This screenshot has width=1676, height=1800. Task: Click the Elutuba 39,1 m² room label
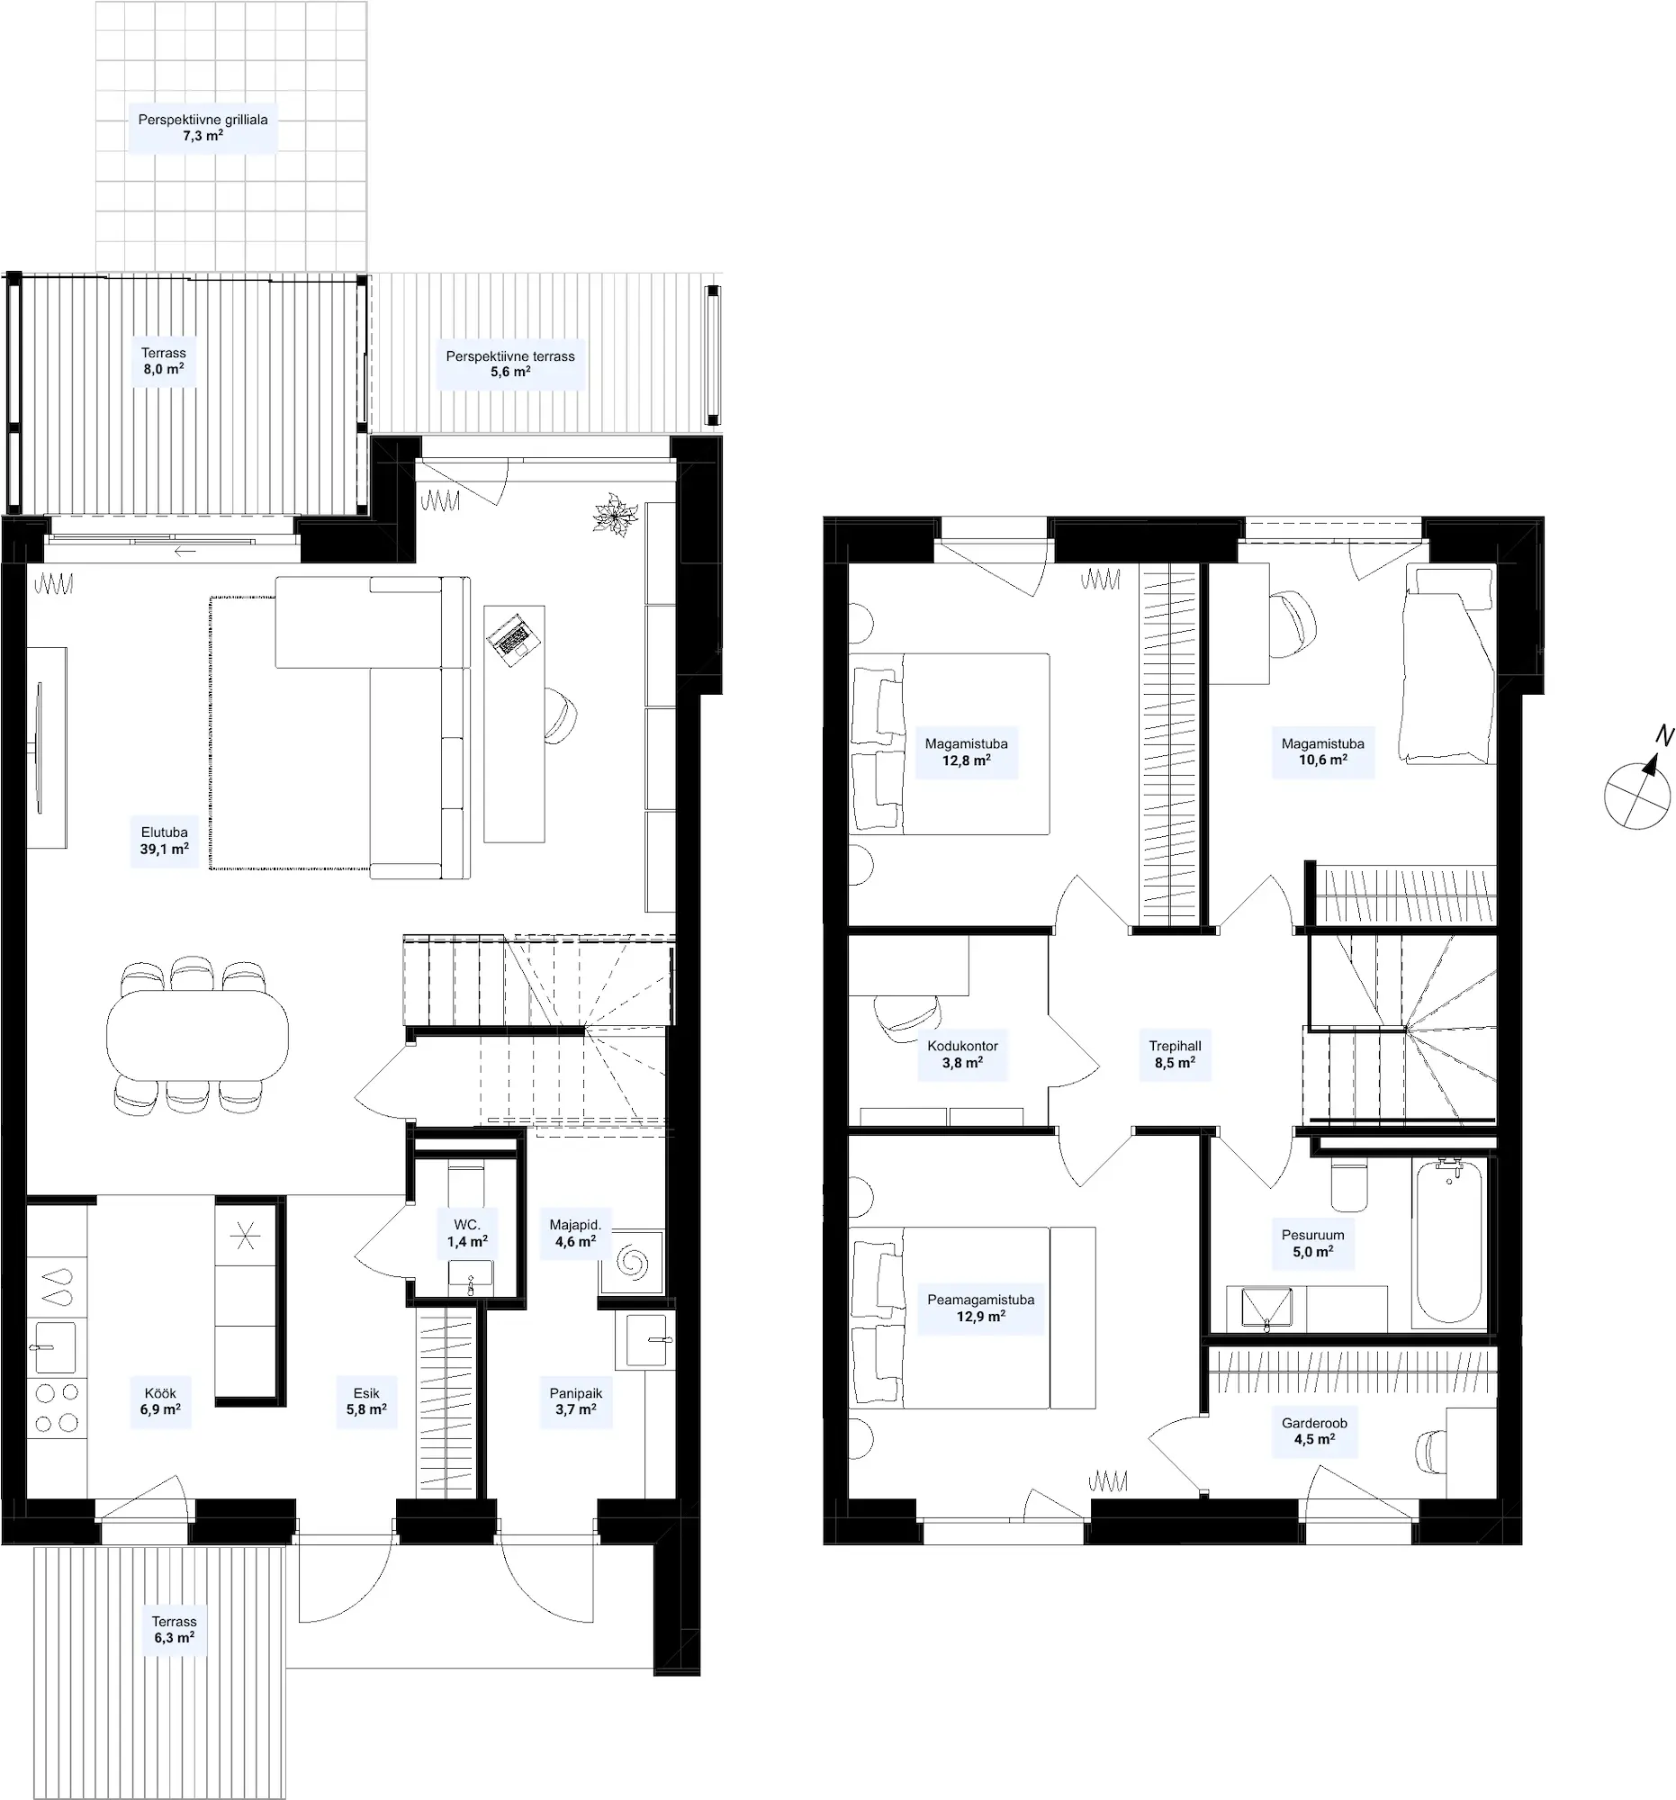164,841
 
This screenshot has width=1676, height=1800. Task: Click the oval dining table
197,1035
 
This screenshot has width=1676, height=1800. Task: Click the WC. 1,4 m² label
467,1233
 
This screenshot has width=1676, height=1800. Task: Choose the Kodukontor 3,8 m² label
962,1054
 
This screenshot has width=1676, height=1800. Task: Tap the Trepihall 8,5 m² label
1176,1054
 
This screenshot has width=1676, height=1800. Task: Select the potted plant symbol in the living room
616,515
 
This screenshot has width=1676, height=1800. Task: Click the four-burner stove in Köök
56,1407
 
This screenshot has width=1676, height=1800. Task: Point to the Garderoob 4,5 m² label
1314,1431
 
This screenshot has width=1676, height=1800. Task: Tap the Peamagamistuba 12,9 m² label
980,1308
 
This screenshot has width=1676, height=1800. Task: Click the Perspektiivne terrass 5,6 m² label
510,364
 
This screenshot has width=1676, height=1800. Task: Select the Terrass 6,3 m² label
174,1629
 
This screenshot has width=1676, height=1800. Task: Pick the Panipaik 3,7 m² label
576,1401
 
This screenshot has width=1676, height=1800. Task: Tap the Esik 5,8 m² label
366,1401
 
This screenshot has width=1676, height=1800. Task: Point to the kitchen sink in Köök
57,1346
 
